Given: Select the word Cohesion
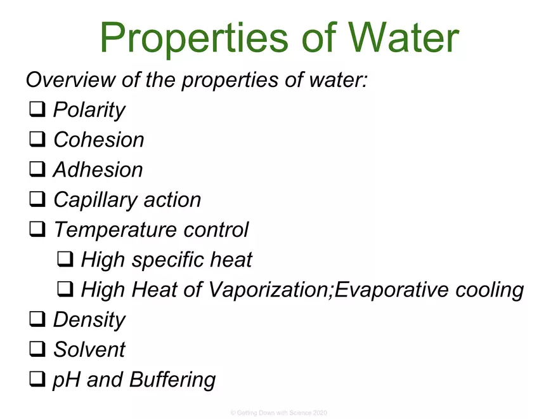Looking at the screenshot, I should (x=98, y=140).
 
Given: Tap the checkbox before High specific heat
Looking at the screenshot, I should (x=65, y=260).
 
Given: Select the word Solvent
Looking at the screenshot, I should (x=89, y=350).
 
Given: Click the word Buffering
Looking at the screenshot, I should (x=172, y=380).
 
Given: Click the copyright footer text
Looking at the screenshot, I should (x=279, y=413).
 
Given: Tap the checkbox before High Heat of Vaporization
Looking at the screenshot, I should (x=65, y=290).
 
